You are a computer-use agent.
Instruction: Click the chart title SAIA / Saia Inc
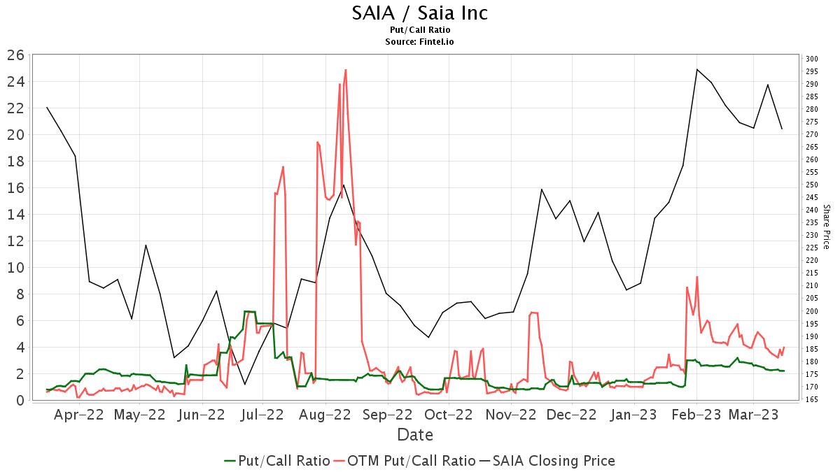420,13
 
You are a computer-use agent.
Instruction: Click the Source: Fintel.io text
420,41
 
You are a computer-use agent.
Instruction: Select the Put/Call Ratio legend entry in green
277,460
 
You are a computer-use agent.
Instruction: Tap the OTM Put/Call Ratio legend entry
404,460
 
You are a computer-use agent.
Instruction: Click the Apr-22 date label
78,415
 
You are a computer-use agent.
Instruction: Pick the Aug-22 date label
325,415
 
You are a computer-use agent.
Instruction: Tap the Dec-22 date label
571,415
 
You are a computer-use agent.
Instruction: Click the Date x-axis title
415,435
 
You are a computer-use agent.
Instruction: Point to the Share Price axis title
827,227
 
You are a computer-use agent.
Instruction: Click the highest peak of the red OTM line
346,70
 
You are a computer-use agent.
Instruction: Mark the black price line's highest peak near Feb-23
697,69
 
